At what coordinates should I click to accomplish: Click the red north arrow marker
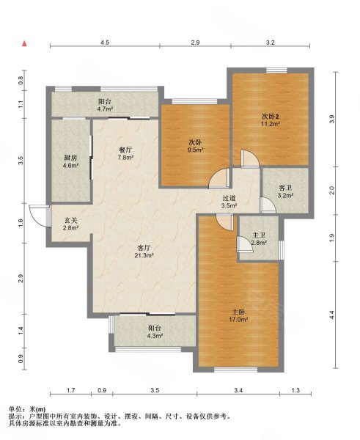pos(25,43)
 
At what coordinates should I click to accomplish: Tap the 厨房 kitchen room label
pos(70,158)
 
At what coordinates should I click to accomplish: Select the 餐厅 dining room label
pos(125,150)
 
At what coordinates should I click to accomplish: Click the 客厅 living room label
pos(144,248)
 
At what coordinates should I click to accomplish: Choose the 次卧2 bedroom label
pos(271,116)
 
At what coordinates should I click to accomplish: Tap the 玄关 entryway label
pos(70,221)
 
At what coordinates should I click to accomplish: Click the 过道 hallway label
pos(229,198)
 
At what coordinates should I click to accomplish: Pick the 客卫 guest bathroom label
pos(285,188)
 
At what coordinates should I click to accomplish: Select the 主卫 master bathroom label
pos(259,235)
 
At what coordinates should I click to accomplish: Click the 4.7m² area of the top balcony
pos(105,109)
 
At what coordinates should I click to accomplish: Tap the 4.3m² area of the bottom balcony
pos(155,335)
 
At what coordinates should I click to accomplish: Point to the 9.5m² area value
pos(195,150)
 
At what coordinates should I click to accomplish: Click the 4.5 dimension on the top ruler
pos(105,43)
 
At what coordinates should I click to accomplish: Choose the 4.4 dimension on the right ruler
pos(332,315)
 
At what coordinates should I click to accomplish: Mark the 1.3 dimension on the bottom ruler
pos(295,390)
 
